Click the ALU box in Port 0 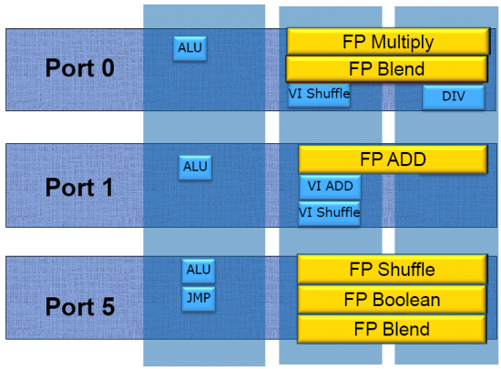[x=189, y=48]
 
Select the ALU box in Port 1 [x=195, y=168]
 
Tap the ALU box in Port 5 [x=199, y=271]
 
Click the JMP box [x=199, y=299]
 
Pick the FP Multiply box [x=388, y=41]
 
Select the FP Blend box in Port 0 [x=386, y=68]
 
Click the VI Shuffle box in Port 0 [x=319, y=95]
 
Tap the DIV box [x=454, y=97]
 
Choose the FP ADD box [x=393, y=159]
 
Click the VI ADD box [x=330, y=187]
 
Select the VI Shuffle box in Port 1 [x=329, y=213]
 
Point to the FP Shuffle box [x=392, y=269]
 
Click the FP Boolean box [x=392, y=300]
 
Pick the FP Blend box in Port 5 [x=392, y=329]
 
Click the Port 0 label [x=80, y=67]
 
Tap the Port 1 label [x=79, y=187]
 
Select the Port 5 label [x=80, y=306]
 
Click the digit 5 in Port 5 [x=108, y=306]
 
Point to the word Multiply [x=403, y=43]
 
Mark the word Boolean [x=406, y=300]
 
